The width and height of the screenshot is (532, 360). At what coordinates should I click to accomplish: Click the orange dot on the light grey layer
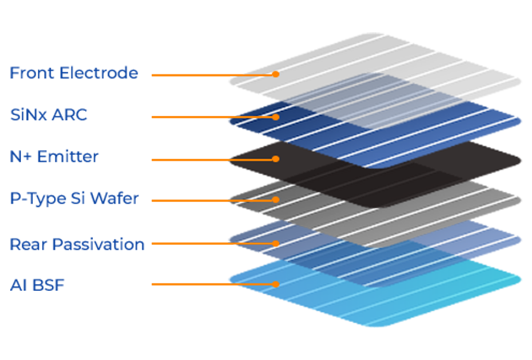click(276, 74)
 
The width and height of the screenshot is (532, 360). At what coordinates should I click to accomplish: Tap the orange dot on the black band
click(276, 159)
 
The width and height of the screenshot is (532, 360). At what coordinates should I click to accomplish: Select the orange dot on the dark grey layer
click(276, 200)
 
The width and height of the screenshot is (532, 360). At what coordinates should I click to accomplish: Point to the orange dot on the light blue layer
click(276, 284)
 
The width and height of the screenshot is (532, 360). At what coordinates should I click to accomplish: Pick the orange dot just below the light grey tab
click(276, 117)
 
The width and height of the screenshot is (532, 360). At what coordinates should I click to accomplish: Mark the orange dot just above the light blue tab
click(276, 243)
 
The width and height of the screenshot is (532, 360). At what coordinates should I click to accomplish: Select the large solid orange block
click(186, 177)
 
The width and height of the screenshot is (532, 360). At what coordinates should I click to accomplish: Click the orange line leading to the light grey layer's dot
click(257, 74)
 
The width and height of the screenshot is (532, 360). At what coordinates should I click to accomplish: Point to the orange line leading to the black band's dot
click(253, 159)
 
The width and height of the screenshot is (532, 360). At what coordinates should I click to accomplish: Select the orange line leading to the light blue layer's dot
click(255, 284)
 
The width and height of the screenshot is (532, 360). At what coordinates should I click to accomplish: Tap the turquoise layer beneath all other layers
click(399, 306)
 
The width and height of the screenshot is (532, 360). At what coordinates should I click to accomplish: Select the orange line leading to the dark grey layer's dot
click(255, 200)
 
